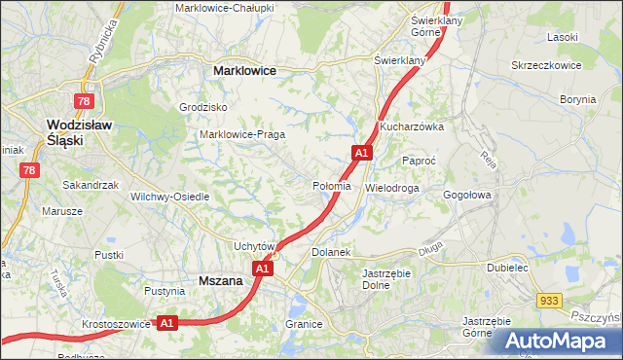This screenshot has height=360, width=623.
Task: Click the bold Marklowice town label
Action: (x=244, y=71)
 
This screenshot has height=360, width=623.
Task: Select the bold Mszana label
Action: (x=220, y=280)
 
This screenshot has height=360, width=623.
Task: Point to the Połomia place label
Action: (x=332, y=186)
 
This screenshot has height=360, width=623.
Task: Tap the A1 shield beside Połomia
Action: (x=361, y=153)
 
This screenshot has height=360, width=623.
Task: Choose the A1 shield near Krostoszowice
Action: (x=166, y=323)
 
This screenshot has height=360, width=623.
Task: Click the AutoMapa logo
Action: (x=558, y=341)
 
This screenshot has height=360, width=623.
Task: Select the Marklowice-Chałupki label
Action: (x=225, y=8)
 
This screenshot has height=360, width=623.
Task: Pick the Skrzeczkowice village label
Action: (x=546, y=65)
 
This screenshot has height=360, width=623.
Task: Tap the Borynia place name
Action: (x=578, y=99)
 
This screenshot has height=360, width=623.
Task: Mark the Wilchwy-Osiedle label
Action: (x=170, y=197)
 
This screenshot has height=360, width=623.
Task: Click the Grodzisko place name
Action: (x=203, y=107)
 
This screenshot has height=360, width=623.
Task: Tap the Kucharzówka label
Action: (x=413, y=126)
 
